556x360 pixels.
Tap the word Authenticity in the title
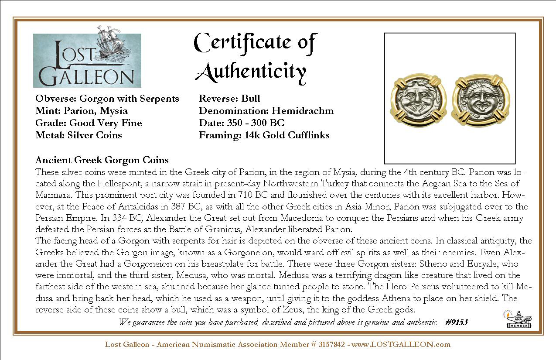click(x=250, y=71)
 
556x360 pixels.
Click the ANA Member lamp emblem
click(x=519, y=319)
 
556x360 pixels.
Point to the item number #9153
click(x=457, y=322)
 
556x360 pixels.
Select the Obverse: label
click(x=56, y=99)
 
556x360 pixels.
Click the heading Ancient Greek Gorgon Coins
click(x=102, y=160)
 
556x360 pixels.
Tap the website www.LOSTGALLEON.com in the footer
click(x=401, y=344)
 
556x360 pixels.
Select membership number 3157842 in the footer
click(x=331, y=344)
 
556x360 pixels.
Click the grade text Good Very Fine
click(x=106, y=123)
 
